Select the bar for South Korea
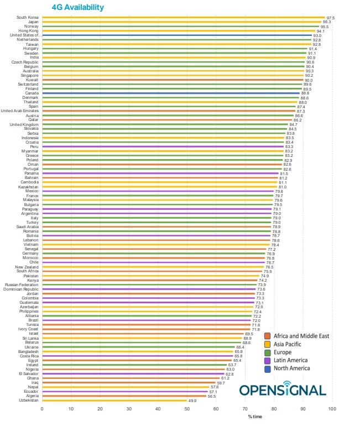coord(182,18)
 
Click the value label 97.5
coord(330,18)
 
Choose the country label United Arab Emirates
coord(20,111)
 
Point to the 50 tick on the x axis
coord(187,409)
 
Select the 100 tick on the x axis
coord(332,409)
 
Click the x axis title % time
coord(254,416)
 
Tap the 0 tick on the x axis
coord(42,409)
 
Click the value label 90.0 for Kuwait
coord(309,80)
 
